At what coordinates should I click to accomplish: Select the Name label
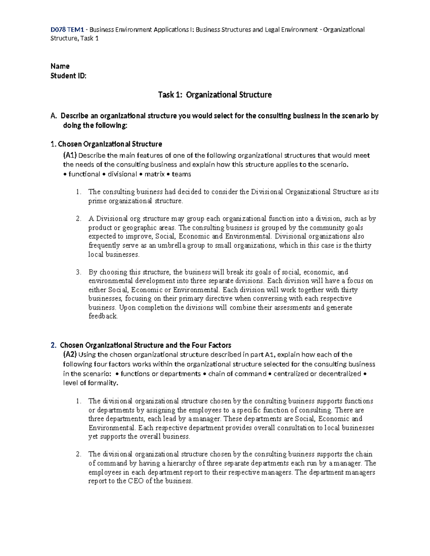click(x=60, y=66)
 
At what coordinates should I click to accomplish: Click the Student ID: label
click(x=68, y=76)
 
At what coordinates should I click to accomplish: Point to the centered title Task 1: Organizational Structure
click(x=215, y=95)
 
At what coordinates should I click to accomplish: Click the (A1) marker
click(x=70, y=155)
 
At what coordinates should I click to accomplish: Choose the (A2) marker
click(x=70, y=355)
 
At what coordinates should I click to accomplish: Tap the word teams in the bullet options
click(x=181, y=174)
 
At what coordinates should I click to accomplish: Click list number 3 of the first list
click(x=78, y=272)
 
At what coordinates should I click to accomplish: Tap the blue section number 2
click(x=53, y=345)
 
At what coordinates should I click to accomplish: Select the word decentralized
click(x=340, y=374)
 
